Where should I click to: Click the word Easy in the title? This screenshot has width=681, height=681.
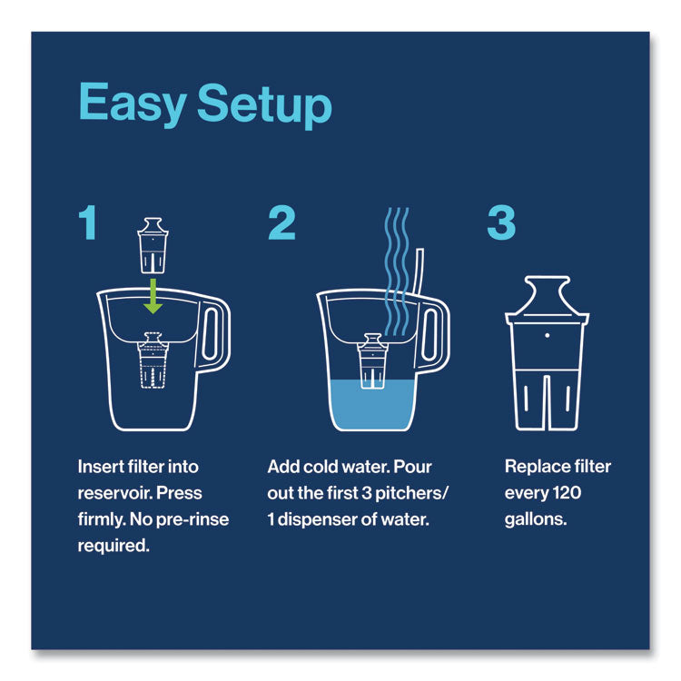132,106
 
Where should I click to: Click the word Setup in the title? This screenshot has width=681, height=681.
264,107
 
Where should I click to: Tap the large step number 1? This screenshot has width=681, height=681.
87,223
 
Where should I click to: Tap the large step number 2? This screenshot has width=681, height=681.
281,223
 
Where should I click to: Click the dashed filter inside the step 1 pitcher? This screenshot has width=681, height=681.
153,364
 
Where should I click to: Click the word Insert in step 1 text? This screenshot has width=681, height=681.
98,468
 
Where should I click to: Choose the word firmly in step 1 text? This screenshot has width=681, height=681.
101,519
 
